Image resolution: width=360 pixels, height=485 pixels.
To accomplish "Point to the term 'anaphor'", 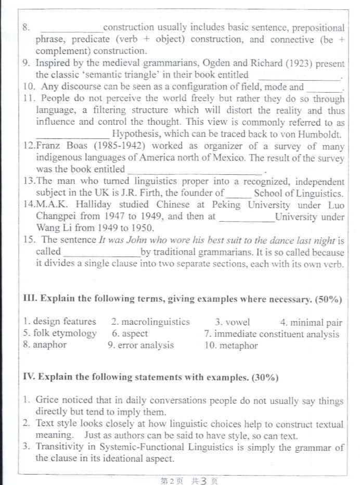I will coord(50,344).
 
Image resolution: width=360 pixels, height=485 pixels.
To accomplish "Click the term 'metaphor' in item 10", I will coord(238,345).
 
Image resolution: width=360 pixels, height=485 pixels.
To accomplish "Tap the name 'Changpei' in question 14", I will coord(55,216).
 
